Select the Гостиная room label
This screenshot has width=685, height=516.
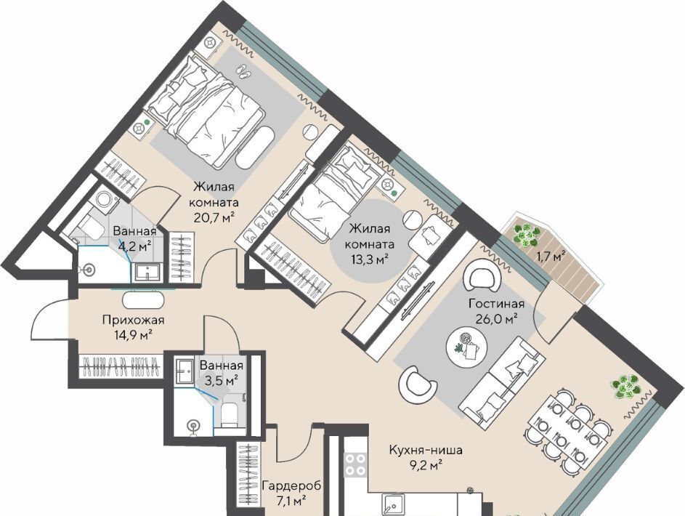click(496, 303)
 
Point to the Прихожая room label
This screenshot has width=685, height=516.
click(133, 320)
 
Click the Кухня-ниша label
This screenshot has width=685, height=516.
click(426, 450)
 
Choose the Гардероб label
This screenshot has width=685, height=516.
click(291, 485)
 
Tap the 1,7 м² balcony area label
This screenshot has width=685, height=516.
click(551, 257)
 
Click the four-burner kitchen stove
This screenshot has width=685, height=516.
click(355, 464)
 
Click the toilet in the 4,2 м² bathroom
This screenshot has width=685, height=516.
click(89, 226)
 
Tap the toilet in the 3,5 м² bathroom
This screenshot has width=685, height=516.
click(229, 415)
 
